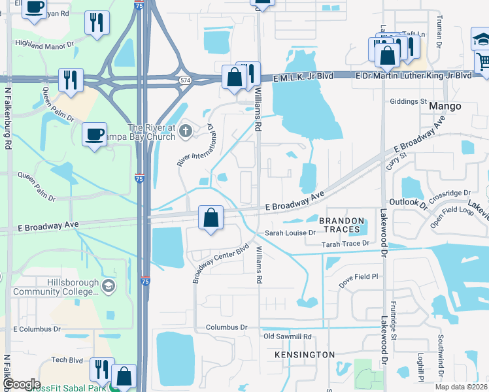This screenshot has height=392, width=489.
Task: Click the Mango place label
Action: pyautogui.click(x=446, y=106)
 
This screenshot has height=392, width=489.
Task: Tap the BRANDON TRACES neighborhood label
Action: pyautogui.click(x=340, y=225)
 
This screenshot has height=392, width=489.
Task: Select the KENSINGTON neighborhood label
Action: pyautogui.click(x=305, y=354)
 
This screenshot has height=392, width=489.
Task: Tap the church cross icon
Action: pyautogui.click(x=186, y=132)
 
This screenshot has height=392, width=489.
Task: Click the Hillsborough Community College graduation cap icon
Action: pyautogui.click(x=109, y=286)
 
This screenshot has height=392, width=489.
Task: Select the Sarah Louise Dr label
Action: pyautogui.click(x=290, y=233)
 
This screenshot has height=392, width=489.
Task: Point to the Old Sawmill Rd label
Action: pyautogui.click(x=287, y=336)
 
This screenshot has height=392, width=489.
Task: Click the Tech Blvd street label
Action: pyautogui.click(x=67, y=360)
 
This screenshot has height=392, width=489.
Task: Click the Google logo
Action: pyautogui.click(x=21, y=384)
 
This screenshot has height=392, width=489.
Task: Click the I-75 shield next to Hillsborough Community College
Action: pyautogui.click(x=144, y=281)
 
